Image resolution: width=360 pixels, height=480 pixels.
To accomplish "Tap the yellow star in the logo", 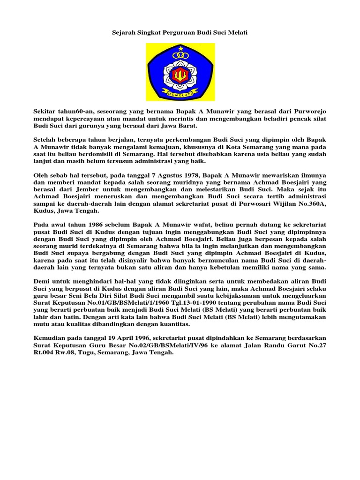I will [x=180, y=48].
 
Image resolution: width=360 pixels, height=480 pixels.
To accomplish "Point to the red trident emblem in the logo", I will [x=180, y=75].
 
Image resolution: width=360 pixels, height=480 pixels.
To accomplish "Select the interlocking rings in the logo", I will [x=180, y=56].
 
